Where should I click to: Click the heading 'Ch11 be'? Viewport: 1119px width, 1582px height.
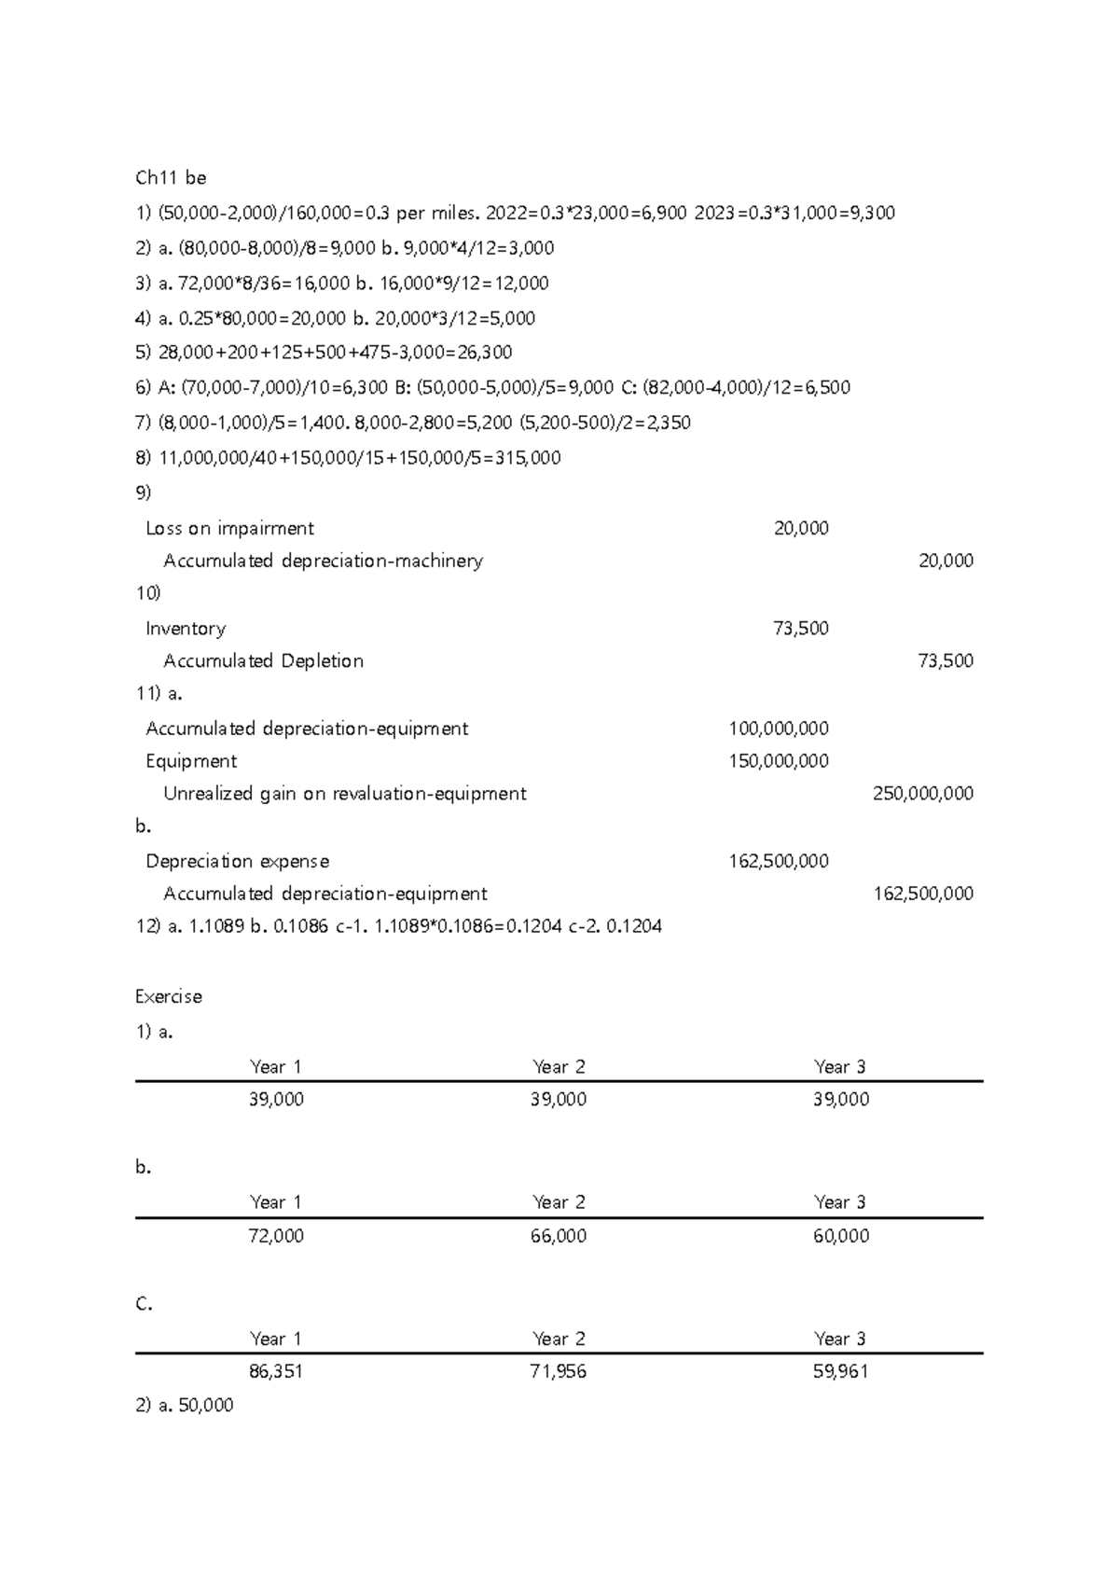[171, 178]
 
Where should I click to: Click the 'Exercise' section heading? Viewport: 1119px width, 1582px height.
[168, 997]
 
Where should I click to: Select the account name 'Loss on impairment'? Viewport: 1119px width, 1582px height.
[229, 529]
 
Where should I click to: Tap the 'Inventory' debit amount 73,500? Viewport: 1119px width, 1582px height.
[800, 629]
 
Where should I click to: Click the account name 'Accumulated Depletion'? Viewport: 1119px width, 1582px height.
[263, 661]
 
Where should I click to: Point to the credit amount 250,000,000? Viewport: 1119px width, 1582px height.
[922, 794]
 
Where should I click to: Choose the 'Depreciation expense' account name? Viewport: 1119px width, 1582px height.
[237, 862]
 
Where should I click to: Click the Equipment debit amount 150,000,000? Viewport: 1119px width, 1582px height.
[778, 761]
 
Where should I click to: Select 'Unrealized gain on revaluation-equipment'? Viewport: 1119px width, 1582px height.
[344, 794]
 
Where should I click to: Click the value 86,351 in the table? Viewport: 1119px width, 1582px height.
[276, 1372]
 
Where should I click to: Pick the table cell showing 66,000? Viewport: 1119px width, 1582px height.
[559, 1237]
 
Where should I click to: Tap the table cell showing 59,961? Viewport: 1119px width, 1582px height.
[840, 1372]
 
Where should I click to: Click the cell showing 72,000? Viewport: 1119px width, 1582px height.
[276, 1237]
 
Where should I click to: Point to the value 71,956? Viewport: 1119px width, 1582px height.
[559, 1372]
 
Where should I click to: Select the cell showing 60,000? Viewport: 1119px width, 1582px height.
[840, 1237]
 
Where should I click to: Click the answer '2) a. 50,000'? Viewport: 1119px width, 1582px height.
[185, 1406]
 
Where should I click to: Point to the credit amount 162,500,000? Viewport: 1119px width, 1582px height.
[922, 895]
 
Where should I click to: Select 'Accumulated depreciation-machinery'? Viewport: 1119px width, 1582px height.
[323, 562]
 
